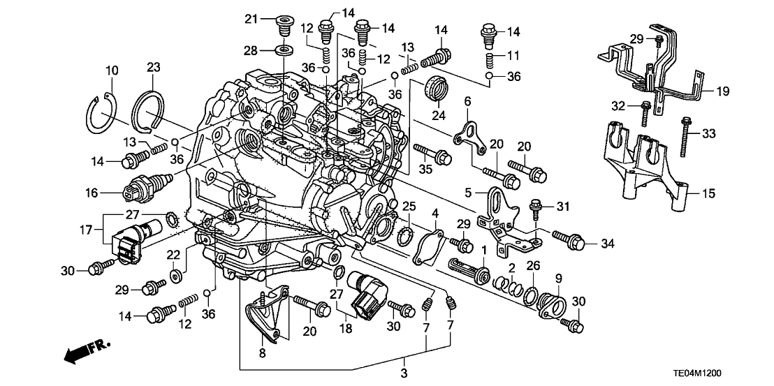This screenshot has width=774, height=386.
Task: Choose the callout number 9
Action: click(557, 278)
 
